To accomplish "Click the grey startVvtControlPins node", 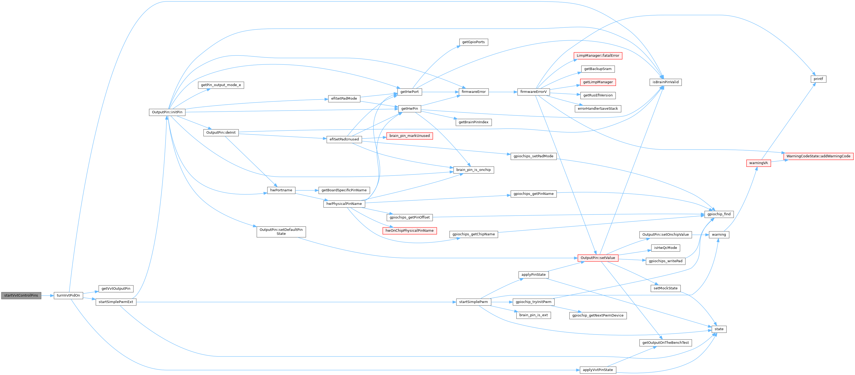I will (21, 295).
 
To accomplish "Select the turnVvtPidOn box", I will (68, 295).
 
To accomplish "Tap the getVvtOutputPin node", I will (116, 289).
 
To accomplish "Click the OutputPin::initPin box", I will (167, 112).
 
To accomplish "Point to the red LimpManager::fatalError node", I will (598, 56).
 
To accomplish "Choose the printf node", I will (818, 79).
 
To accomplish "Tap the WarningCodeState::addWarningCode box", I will (818, 156).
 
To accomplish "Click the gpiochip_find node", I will (719, 214).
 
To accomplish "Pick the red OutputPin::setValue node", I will (598, 258).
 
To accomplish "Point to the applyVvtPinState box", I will (598, 370).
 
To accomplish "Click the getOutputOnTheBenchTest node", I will (666, 343).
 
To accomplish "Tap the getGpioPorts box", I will (473, 42).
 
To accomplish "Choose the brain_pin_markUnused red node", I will (409, 136).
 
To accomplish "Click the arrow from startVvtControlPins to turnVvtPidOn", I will (47, 295).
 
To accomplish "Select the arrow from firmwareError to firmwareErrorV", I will (503, 92).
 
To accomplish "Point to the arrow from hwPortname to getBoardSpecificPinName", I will (307, 190).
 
